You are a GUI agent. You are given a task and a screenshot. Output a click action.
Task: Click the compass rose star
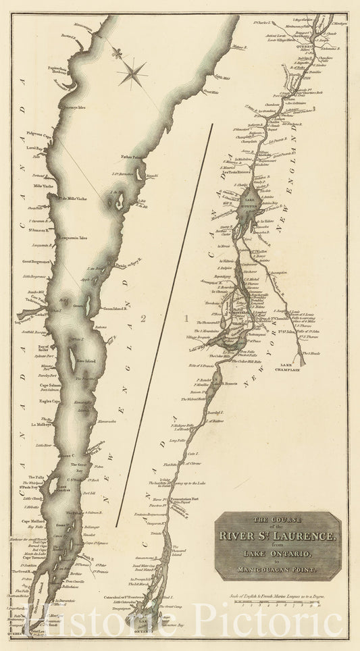coord(133,72)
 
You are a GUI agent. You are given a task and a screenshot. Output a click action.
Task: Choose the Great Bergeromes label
coord(35,261)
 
